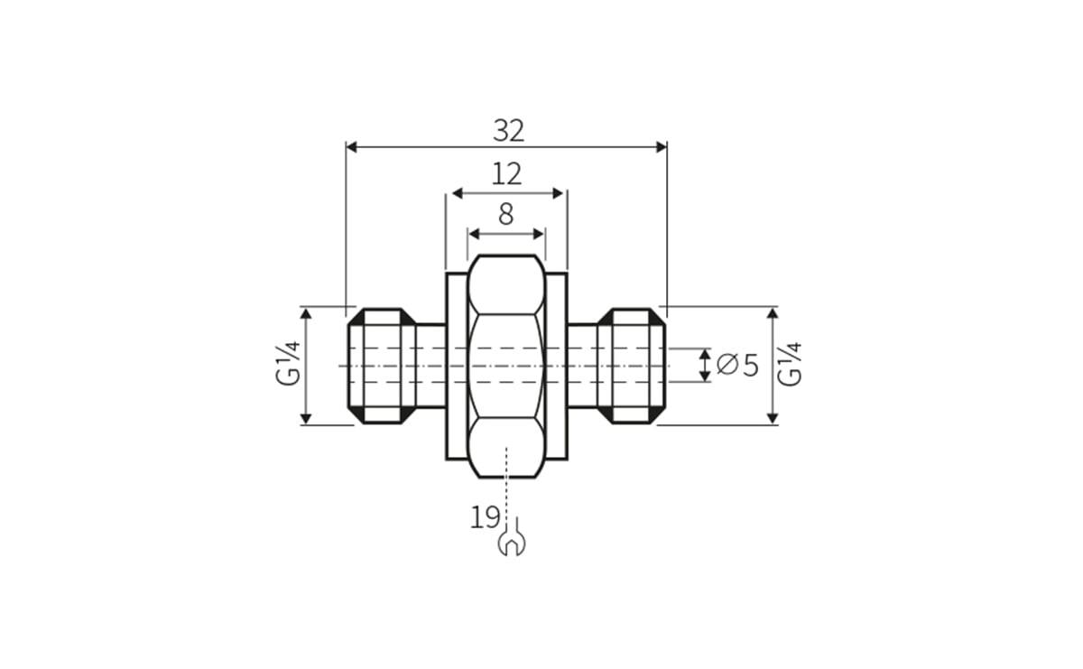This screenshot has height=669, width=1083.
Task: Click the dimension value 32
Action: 508,131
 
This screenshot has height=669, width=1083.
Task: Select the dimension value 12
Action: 506,174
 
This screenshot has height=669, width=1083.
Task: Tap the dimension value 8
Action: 505,214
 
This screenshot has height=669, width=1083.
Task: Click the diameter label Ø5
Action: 737,365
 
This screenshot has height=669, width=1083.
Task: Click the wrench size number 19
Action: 485,517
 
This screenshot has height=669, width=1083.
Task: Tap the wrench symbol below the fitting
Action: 511,544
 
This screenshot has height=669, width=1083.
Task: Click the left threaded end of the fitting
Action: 381,366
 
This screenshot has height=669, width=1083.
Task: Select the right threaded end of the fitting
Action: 631,366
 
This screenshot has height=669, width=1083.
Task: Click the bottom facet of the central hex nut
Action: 506,447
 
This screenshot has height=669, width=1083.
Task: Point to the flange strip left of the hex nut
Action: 457,366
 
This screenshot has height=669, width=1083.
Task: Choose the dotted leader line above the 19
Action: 507,479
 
